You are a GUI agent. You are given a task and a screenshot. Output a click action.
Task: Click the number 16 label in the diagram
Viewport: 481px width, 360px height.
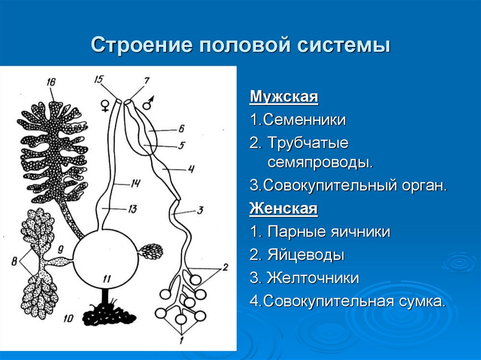pos(51,83)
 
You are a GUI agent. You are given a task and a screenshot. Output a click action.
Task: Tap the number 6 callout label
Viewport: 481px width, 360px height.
pos(181,127)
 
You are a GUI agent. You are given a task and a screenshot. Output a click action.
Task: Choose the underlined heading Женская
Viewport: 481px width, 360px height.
pos(284,208)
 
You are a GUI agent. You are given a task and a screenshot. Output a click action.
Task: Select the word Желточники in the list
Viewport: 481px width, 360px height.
pos(313,278)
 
